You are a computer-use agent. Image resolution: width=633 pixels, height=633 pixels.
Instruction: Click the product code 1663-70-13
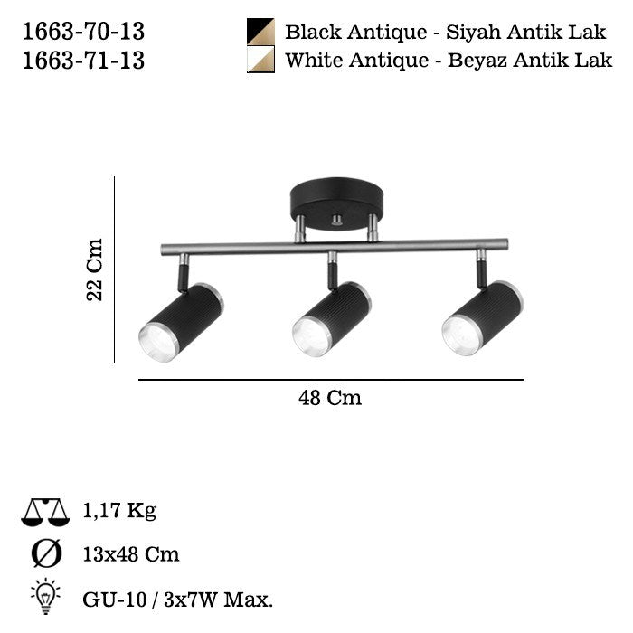(x=83, y=32)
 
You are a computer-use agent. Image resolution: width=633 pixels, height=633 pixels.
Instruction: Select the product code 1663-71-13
(x=83, y=61)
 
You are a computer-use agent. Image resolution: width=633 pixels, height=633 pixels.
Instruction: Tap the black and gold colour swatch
(x=260, y=32)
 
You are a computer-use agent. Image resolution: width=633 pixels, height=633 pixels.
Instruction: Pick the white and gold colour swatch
(x=260, y=59)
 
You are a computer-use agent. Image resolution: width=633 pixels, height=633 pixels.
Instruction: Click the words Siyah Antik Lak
(x=526, y=33)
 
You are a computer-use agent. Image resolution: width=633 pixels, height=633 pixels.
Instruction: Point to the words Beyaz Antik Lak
(x=530, y=61)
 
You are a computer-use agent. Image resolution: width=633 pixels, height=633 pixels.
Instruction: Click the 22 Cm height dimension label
(x=95, y=269)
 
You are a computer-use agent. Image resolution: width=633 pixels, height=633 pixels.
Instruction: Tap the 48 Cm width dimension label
(x=330, y=398)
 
